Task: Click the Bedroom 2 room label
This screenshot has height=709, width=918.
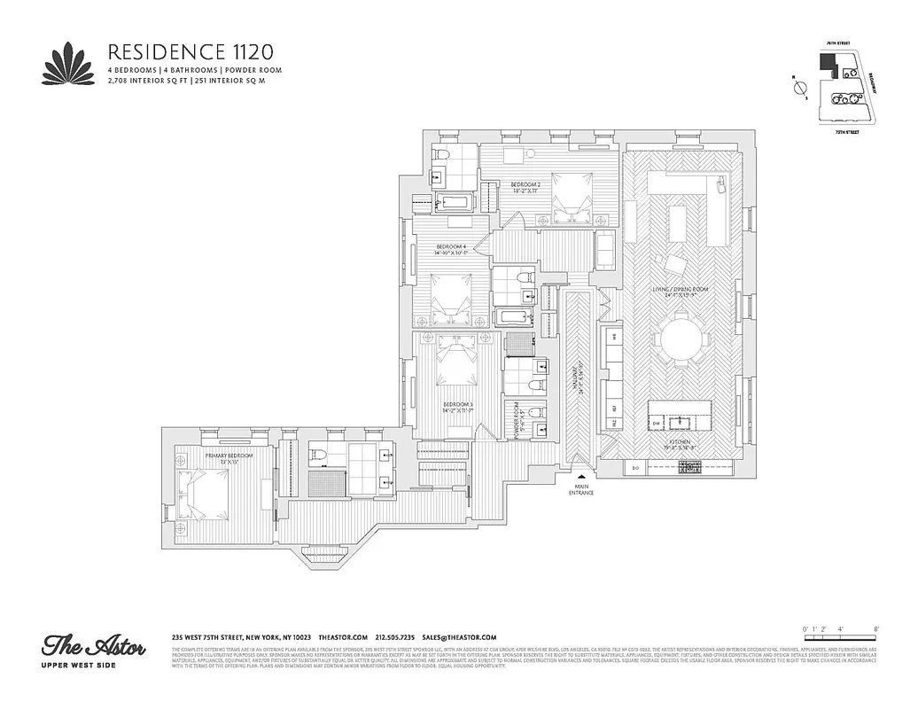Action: (x=526, y=188)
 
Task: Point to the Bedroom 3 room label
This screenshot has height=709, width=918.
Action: (x=458, y=408)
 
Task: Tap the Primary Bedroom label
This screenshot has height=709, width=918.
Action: (x=229, y=457)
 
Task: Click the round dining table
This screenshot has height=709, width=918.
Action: (x=680, y=340)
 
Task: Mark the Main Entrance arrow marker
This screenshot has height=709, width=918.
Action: (x=581, y=477)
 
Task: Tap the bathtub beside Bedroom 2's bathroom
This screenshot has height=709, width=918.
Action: (x=457, y=203)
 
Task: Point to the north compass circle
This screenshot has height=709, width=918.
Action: (x=800, y=88)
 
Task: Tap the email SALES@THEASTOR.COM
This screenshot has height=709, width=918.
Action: (x=459, y=637)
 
